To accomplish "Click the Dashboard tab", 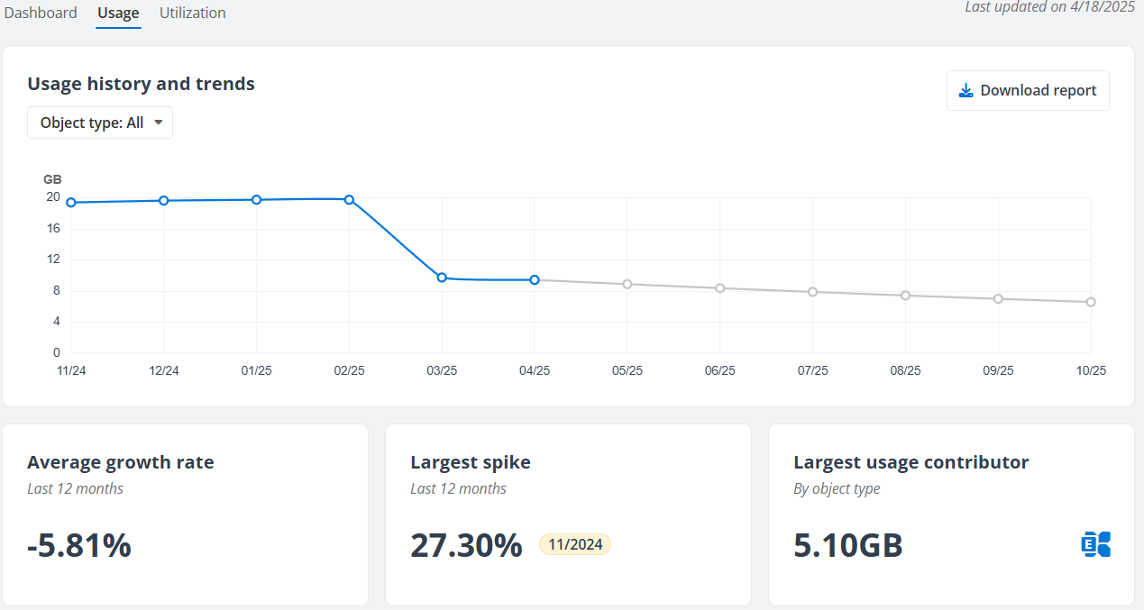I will (41, 14).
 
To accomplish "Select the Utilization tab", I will (192, 14).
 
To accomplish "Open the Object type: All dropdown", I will (100, 123).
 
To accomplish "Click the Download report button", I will (1028, 90).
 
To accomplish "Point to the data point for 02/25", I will (349, 199).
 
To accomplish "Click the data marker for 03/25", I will (442, 278).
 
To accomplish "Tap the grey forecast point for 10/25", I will (1091, 302).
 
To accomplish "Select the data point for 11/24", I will (71, 202).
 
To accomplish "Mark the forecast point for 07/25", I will (812, 292).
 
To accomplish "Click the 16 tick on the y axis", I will (53, 228).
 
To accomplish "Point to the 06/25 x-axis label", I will (719, 370).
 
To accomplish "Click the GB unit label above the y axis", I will (52, 179).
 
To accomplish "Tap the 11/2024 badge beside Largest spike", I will (575, 544).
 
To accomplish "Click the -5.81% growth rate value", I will (79, 545).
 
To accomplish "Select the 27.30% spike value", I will (466, 545).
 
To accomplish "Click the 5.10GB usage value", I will (848, 545).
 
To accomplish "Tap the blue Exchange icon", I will (1095, 544).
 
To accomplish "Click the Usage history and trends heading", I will (141, 84).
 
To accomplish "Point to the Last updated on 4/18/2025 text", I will (1048, 7).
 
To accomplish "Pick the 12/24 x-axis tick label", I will (163, 370).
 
